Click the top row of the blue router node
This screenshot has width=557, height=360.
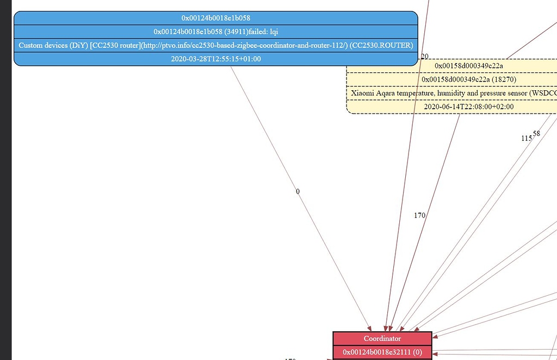pyautogui.click(x=215, y=18)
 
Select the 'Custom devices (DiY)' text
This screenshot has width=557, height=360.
pyautogui.click(x=53, y=45)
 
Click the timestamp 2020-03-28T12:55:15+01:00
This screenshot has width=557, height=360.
pyautogui.click(x=215, y=59)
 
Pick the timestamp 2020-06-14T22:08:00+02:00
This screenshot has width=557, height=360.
pyautogui.click(x=468, y=107)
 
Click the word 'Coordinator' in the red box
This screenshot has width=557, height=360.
pyautogui.click(x=382, y=338)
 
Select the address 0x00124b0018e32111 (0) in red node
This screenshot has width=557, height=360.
pyautogui.click(x=382, y=352)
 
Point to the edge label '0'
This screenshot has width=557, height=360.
pyautogui.click(x=298, y=191)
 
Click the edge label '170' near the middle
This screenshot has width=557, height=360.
pyautogui.click(x=419, y=215)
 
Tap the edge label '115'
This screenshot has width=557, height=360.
pyautogui.click(x=526, y=138)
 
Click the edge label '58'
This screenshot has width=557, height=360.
pyautogui.click(x=536, y=133)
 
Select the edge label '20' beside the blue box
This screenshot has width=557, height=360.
pyautogui.click(x=424, y=57)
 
